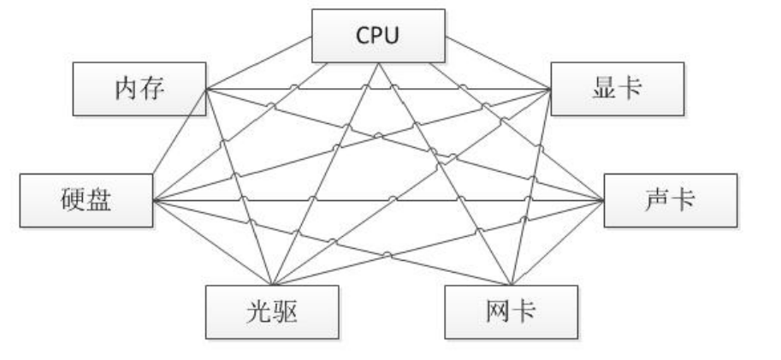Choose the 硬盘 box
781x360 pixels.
coord(86,202)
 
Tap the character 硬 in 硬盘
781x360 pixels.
coord(74,202)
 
